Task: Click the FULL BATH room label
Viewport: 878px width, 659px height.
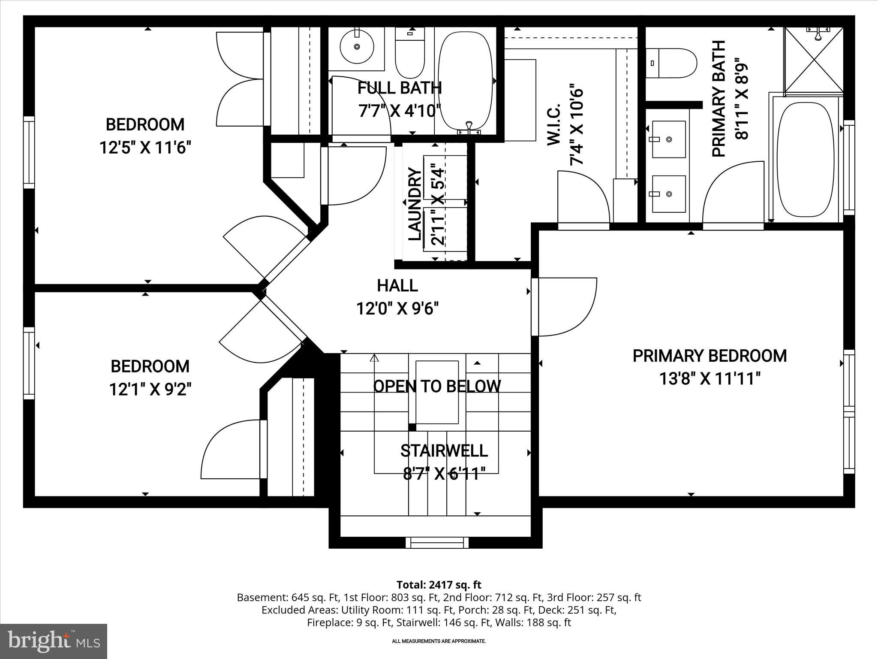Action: click(x=400, y=88)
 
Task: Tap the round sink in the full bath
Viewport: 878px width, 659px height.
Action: click(x=357, y=46)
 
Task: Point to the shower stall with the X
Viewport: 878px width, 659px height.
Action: click(x=813, y=60)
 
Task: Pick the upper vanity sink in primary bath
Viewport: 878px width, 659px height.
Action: click(x=668, y=139)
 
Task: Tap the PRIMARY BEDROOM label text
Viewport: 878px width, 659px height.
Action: click(x=710, y=356)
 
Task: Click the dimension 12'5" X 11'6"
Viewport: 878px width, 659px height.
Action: click(x=145, y=148)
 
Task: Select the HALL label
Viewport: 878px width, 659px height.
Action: click(x=397, y=286)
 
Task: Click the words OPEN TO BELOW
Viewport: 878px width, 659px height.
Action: click(x=437, y=387)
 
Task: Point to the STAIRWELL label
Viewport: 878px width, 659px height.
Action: click(x=444, y=451)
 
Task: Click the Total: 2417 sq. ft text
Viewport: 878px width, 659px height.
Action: click(x=439, y=585)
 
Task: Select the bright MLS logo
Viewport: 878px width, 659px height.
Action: click(x=54, y=641)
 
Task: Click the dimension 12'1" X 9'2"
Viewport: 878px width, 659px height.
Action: click(x=150, y=390)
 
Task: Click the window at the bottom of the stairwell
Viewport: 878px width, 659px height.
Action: click(x=437, y=543)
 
